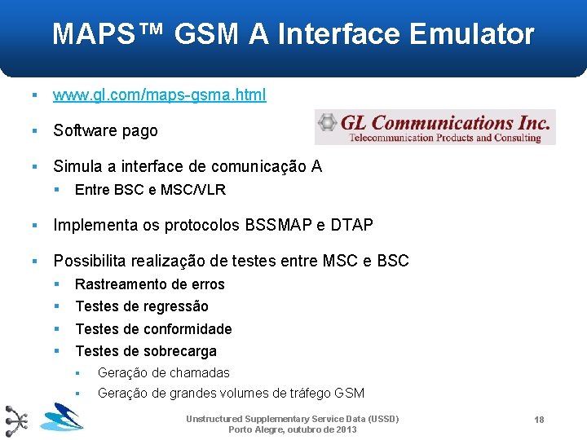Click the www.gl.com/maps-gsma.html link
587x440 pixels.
coord(159,95)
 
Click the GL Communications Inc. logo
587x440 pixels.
coord(435,127)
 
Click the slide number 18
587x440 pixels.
coord(539,419)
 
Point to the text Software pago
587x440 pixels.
coord(105,130)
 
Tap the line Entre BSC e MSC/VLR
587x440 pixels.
coord(150,190)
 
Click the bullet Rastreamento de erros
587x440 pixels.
coord(150,284)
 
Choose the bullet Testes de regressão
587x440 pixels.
coord(142,306)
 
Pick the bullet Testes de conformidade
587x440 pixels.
coord(153,329)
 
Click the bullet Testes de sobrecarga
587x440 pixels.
coord(146,351)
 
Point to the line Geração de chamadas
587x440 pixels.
coord(163,373)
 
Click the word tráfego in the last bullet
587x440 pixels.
coord(310,394)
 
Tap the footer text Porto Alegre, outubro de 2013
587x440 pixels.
coord(292,429)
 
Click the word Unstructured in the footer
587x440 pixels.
coord(214,419)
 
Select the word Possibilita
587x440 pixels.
coord(90,262)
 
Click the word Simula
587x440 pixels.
coord(75,167)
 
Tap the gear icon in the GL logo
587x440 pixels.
coord(328,123)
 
